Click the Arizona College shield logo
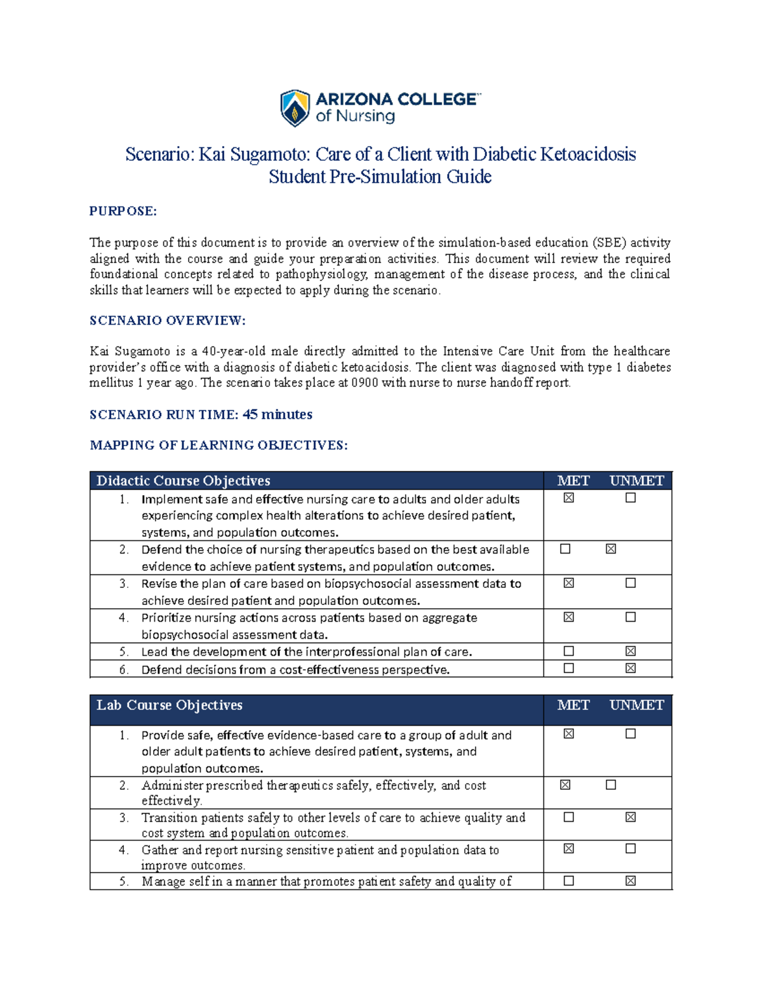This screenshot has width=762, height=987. pos(295,108)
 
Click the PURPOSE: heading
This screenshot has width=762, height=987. pos(123,211)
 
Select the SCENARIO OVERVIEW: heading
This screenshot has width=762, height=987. pos(167,320)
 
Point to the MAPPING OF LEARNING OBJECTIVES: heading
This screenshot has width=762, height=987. pos(218,445)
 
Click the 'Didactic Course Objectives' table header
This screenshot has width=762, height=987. pos(184,480)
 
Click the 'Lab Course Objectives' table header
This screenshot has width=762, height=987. pos(170,705)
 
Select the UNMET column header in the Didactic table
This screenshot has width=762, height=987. pos(636,480)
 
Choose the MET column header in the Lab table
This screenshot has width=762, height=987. pos(573,705)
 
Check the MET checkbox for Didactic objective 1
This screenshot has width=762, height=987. pos(568,498)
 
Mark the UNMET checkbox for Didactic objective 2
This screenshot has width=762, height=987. pos(611,548)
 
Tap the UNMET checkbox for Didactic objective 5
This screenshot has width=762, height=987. pos(630,651)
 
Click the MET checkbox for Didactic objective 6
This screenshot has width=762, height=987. pos(568,668)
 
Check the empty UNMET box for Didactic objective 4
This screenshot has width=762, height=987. pos(630,616)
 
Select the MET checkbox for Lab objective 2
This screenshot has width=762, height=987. pos(565,785)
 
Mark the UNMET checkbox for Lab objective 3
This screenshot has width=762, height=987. pos(630,817)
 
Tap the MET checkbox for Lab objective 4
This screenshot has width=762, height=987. pos(568,848)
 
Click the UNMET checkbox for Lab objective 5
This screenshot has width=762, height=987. pos(630,881)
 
